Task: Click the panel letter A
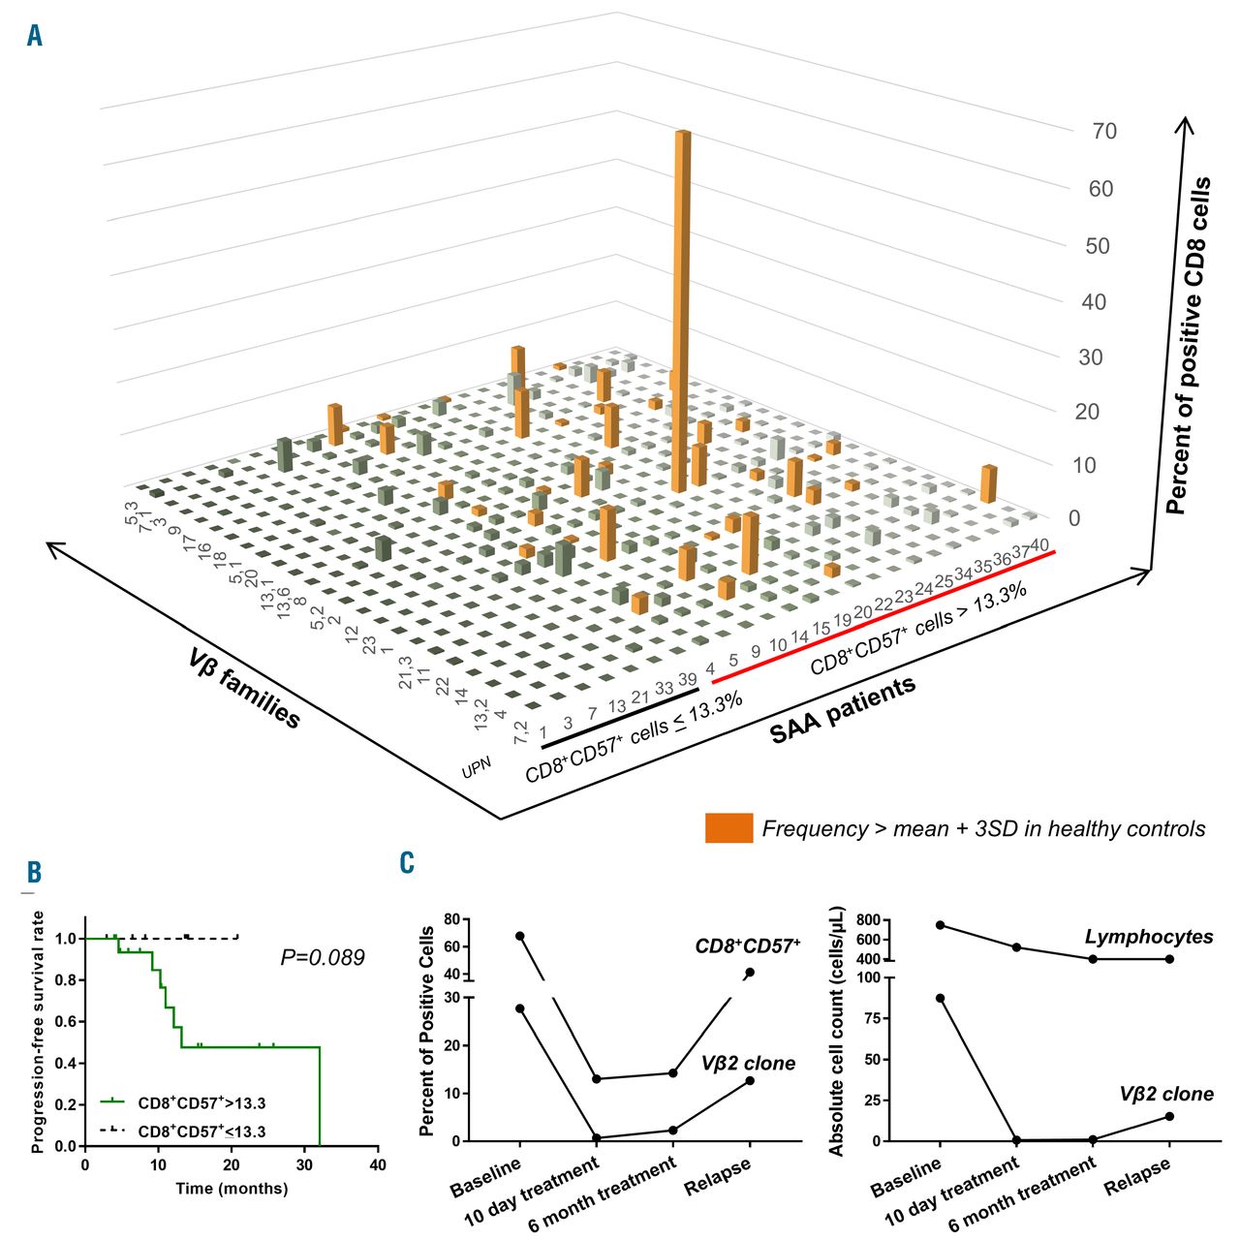click(35, 37)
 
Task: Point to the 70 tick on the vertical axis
click(1103, 132)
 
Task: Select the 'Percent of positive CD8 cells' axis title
click(1188, 345)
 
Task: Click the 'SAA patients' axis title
click(842, 711)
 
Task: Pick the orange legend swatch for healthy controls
click(728, 828)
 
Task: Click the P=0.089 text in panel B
click(323, 958)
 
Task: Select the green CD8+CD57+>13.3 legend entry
click(184, 1102)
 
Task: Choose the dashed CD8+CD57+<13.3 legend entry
click(184, 1131)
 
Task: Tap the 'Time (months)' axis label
click(232, 1189)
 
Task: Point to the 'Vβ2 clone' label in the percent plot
click(748, 1064)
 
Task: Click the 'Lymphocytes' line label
click(1149, 937)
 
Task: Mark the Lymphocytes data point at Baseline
click(939, 925)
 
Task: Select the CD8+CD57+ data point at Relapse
click(750, 973)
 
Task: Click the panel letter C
click(408, 862)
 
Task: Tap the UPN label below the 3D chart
click(477, 768)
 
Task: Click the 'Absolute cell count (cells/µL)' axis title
click(838, 1031)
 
